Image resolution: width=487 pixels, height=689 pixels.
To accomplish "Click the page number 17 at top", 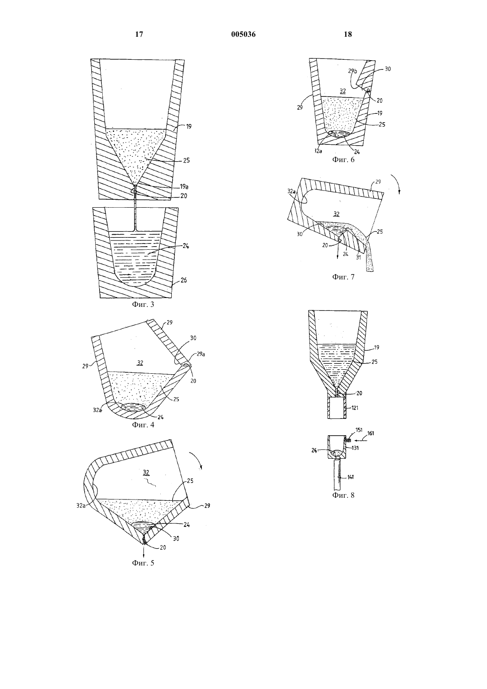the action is coord(139,34).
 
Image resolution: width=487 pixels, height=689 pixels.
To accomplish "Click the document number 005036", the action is coord(243,34).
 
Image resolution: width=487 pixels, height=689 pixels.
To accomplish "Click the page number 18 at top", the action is coord(348,34).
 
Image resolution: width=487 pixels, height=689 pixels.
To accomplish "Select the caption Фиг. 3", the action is coord(143,304).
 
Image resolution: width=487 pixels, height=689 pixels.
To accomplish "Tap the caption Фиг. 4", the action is coord(143,425).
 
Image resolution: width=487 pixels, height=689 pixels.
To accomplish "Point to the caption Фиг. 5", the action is coord(143,563).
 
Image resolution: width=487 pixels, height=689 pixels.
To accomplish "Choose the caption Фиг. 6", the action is coord(344,159).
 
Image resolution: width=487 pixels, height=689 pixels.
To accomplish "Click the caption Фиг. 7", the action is coord(344,276).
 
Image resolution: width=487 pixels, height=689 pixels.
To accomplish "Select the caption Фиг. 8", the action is coord(344,495).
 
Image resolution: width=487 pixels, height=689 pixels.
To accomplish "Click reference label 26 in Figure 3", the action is coord(184,280).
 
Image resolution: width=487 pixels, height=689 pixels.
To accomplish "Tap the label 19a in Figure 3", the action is coord(184,186).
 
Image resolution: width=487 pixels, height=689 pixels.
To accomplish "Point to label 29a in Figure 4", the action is coord(201,354).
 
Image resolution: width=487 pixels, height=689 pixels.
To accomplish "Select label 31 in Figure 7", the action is coord(358,258).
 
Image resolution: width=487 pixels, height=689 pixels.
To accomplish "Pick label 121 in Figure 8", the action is coord(355,408).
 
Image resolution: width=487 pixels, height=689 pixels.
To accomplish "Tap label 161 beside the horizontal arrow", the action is coord(371,434).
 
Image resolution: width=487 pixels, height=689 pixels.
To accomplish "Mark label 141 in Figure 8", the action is coord(351,477).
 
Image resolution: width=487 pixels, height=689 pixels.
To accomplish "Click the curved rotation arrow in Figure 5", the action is coord(197,461).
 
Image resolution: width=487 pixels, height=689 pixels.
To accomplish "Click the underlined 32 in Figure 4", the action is coord(140,363).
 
